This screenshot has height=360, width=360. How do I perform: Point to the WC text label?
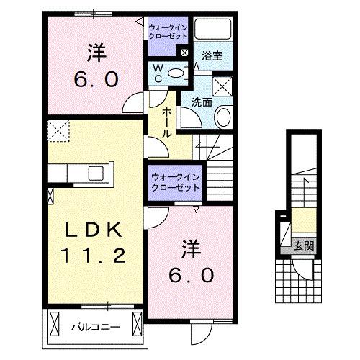click(158, 73)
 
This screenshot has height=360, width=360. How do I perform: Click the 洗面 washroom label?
click(201, 102)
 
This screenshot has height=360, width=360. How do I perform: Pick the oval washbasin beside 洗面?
click(224, 116)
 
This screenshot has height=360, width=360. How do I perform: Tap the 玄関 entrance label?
click(302, 246)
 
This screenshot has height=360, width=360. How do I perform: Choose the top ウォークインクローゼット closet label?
click(167, 31)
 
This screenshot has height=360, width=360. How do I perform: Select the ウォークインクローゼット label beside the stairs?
click(176, 182)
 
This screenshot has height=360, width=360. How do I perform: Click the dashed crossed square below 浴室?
click(223, 86)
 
